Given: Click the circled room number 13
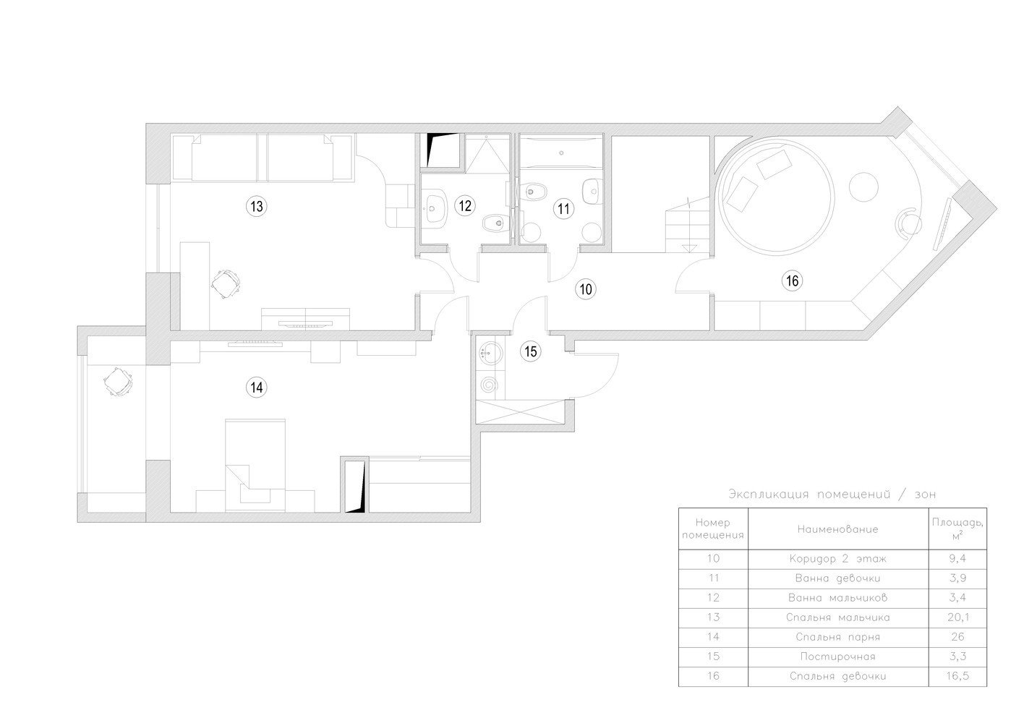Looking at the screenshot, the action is (257, 206).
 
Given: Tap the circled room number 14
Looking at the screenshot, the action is (257, 388).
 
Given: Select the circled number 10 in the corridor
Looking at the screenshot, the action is (586, 288).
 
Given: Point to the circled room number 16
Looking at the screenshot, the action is (793, 280).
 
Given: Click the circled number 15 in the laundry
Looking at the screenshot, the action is (530, 351).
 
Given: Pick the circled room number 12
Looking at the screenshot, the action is (465, 205).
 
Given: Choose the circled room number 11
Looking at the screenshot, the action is (563, 209).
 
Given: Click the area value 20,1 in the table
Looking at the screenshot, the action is (958, 617).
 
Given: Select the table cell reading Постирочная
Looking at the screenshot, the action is (837, 656).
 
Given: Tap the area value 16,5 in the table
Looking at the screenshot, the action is (958, 675).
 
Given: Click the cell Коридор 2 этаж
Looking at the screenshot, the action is (837, 558).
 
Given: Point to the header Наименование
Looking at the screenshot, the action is (837, 529).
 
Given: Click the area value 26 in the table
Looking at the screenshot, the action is (957, 637).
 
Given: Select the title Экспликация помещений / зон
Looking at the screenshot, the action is (832, 494).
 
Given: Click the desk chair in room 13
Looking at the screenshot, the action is (226, 284).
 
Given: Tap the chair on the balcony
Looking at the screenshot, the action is (119, 382).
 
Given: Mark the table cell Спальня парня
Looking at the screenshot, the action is (837, 637).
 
